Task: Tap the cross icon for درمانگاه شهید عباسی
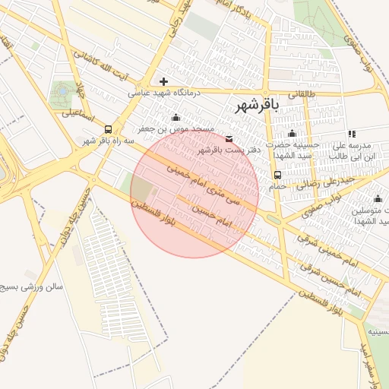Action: click(x=163, y=81)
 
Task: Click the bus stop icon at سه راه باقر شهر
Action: click(x=109, y=129)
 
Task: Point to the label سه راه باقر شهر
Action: click(x=109, y=141)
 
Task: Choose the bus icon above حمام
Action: click(x=277, y=176)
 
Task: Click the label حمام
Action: click(x=277, y=186)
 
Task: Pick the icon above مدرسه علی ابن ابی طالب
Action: click(x=352, y=134)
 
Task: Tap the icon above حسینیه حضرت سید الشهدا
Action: click(x=293, y=134)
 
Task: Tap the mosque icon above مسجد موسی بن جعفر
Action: click(x=177, y=118)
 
